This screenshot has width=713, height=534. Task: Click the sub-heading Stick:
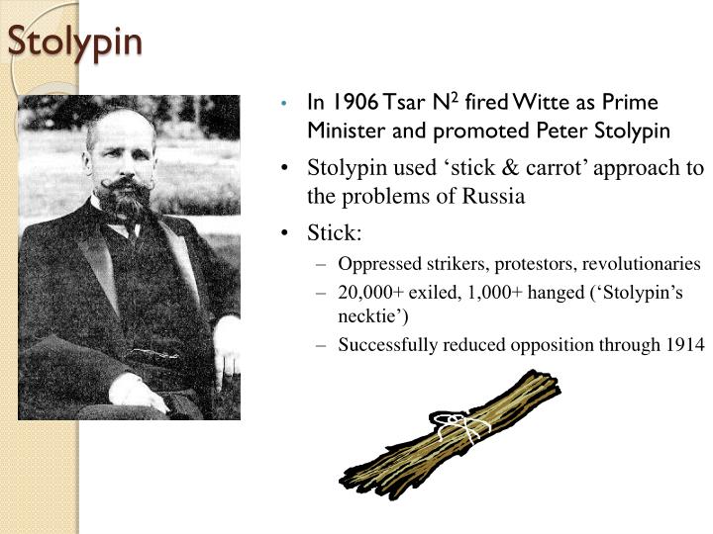[336, 234]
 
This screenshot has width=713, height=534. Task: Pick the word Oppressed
[377, 265]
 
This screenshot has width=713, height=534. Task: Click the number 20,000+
[370, 294]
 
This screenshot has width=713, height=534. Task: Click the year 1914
[686, 344]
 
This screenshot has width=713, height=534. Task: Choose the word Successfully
[386, 344]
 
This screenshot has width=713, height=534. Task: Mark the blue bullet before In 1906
[284, 104]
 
